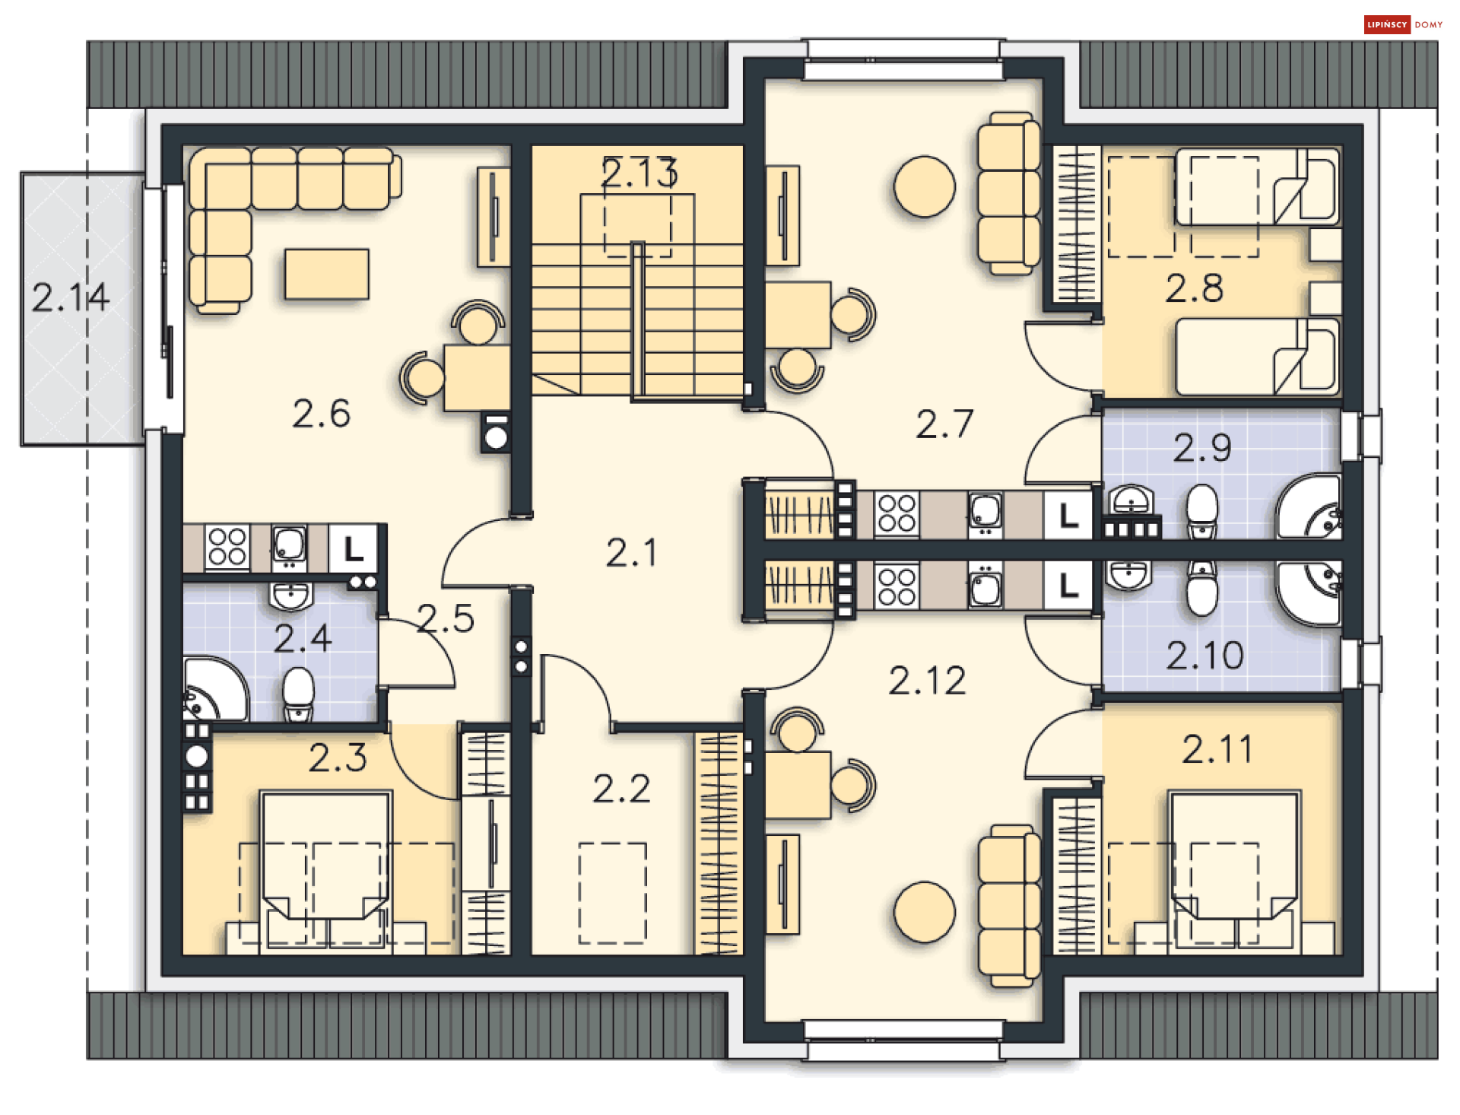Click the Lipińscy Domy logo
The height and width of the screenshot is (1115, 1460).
[x=1404, y=24]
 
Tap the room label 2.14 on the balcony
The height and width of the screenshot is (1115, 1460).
[x=71, y=297]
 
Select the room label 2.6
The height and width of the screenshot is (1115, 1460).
[x=321, y=414]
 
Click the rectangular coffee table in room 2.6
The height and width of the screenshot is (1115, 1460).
[x=327, y=274]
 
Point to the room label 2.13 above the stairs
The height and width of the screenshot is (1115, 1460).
[x=639, y=173]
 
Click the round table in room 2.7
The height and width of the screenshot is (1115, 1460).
[x=924, y=187]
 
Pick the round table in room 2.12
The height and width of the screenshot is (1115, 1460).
[x=924, y=912]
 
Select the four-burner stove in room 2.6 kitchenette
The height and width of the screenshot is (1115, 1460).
[x=227, y=547]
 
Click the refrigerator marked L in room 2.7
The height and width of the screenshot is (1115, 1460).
[x=1068, y=516]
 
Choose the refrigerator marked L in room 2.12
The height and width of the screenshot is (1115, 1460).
[x=1068, y=585]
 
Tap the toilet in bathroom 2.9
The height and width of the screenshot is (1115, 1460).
[x=1202, y=510]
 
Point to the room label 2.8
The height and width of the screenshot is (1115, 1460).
[x=1195, y=288]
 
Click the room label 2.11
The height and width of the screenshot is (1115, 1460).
[x=1217, y=749]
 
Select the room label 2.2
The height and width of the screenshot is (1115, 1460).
[x=621, y=789]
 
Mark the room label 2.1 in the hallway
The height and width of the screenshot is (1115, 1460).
[x=631, y=552]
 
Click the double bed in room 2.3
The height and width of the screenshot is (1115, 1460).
[x=325, y=871]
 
